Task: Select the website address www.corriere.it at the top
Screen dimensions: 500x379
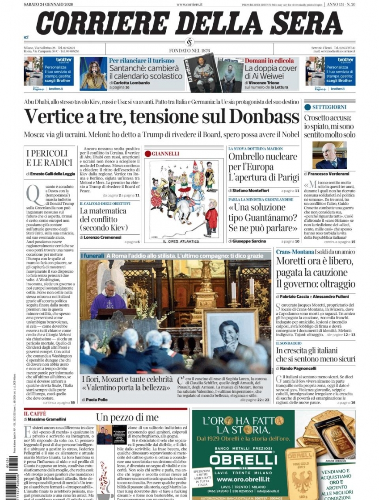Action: click(189, 4)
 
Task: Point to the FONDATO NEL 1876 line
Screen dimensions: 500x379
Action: click(189, 50)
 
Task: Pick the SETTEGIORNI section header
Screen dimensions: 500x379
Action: click(329, 107)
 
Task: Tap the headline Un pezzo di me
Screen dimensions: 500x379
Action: click(127, 417)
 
